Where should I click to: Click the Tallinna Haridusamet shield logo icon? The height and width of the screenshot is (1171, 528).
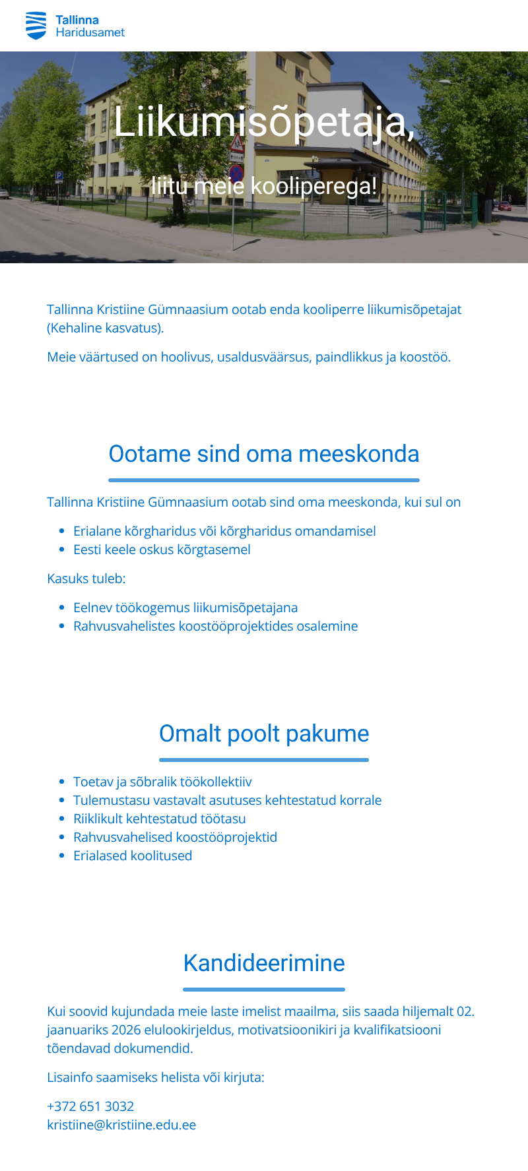point(36,26)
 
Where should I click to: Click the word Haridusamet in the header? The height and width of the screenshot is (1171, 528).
point(90,32)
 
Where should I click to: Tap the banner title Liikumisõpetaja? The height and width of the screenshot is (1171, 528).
point(264,121)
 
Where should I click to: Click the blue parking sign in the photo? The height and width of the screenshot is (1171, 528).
point(59,176)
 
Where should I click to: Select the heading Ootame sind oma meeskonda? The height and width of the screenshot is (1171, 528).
point(264,454)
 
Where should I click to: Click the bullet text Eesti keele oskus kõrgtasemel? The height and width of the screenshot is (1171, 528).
point(162,550)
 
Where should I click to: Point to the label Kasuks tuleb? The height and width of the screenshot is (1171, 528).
point(86,579)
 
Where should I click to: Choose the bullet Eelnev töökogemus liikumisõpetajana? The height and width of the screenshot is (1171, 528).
point(185,608)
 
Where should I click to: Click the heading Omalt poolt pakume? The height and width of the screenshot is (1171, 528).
point(264,734)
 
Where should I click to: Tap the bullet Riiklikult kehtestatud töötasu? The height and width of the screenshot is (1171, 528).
point(160,819)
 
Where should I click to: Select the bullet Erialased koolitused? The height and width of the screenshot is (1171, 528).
point(133,856)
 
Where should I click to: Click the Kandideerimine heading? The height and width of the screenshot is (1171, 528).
point(264,963)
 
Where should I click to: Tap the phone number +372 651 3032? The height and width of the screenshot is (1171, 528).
point(90,1106)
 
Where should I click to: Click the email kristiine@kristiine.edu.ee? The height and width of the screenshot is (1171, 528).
point(121,1125)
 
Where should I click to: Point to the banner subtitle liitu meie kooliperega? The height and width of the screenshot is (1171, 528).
point(264,186)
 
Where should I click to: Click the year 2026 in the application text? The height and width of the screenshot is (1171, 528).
point(126,1030)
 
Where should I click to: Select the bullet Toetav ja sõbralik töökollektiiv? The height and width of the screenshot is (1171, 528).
point(162,782)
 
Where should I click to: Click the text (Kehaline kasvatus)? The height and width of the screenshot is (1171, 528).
point(106,328)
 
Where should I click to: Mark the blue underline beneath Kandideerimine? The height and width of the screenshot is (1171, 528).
point(264,990)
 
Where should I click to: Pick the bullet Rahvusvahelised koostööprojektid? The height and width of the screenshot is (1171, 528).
point(175,837)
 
